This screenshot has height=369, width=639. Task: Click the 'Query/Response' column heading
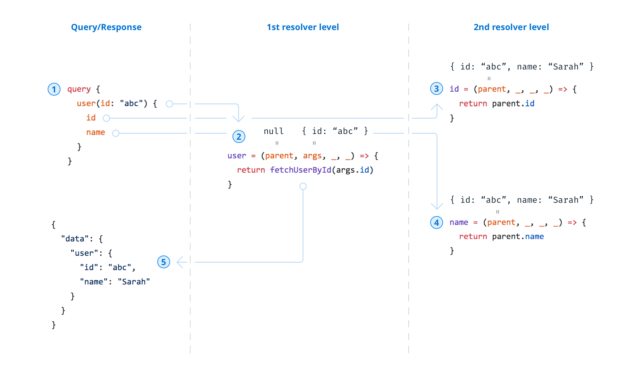click(x=106, y=27)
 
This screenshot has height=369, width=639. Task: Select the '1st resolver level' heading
click(x=303, y=27)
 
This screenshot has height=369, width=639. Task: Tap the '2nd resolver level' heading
click(x=511, y=27)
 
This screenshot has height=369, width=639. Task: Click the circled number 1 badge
click(x=54, y=89)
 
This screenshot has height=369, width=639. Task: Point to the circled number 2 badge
click(x=239, y=136)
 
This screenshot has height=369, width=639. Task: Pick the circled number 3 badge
click(x=436, y=89)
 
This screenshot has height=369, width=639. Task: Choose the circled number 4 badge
click(x=436, y=222)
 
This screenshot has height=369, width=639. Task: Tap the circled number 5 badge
click(x=164, y=262)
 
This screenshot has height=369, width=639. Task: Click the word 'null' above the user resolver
click(x=274, y=131)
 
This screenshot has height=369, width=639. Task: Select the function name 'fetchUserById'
click(x=301, y=170)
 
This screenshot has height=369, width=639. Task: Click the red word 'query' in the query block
click(x=79, y=89)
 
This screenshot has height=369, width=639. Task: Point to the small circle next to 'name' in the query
click(x=115, y=133)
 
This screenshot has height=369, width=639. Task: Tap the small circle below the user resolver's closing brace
click(x=303, y=186)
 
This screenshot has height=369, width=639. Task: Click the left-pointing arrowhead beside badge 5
click(x=181, y=262)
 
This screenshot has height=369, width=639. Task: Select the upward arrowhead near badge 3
click(x=437, y=106)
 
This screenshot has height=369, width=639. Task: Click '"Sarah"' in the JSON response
click(x=134, y=282)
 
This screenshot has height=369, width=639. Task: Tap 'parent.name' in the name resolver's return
click(x=518, y=236)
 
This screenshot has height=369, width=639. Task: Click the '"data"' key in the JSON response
click(x=75, y=239)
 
